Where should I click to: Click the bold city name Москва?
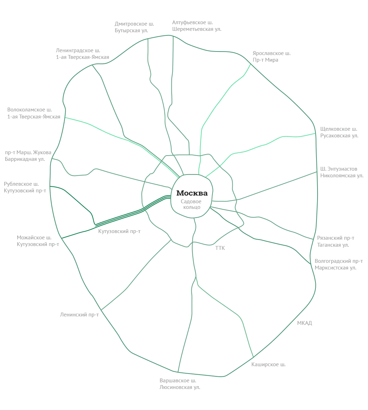pos(192,193)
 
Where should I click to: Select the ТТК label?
pos(220,248)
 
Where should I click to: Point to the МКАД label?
pos(305,323)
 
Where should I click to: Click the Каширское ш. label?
pos(268,364)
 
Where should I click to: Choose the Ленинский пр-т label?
pos(79,315)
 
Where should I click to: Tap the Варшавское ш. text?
pos(178,381)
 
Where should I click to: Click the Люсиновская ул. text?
pos(180,387)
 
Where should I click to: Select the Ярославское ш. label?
pos(272,53)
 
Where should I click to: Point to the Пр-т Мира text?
pos(265,60)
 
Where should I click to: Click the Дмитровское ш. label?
pos(134,24)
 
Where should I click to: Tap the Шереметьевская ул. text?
pos(197,29)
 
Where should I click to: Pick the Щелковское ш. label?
pos(339,129)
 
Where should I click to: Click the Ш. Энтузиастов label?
pos(339,169)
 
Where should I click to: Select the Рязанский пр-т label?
pos(335,238)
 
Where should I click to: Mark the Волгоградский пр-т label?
pos(339,261)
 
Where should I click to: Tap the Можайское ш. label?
pos(34,238)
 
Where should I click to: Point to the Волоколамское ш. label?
pos(29,110)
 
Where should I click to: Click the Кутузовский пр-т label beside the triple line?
pos(119,231)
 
